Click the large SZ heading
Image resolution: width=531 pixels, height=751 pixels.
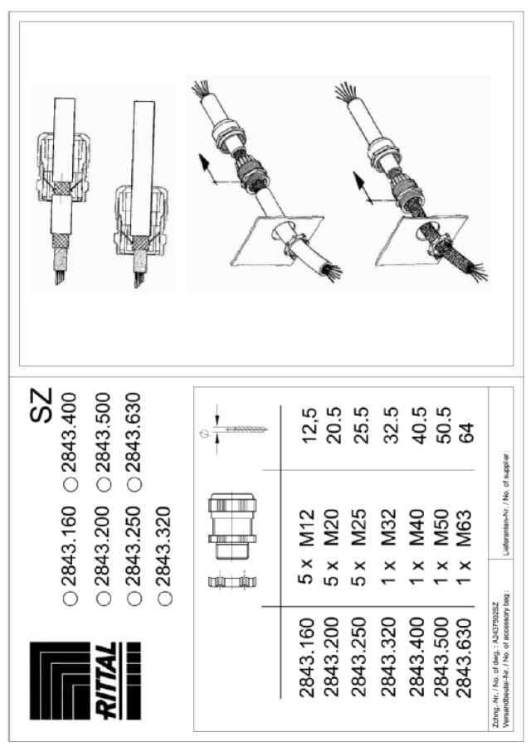tap(43, 405)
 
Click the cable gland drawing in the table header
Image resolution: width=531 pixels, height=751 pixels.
tap(232, 523)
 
